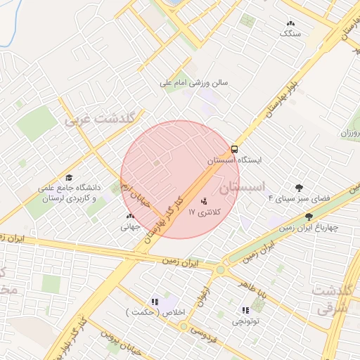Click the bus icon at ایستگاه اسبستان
[234, 149]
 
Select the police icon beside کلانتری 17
[205, 201]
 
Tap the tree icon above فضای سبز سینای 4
[300, 188]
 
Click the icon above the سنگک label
[290, 23]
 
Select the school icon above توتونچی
[245, 310]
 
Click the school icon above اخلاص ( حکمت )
[155, 301]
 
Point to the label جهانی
[131, 226]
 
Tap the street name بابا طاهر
[254, 290]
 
